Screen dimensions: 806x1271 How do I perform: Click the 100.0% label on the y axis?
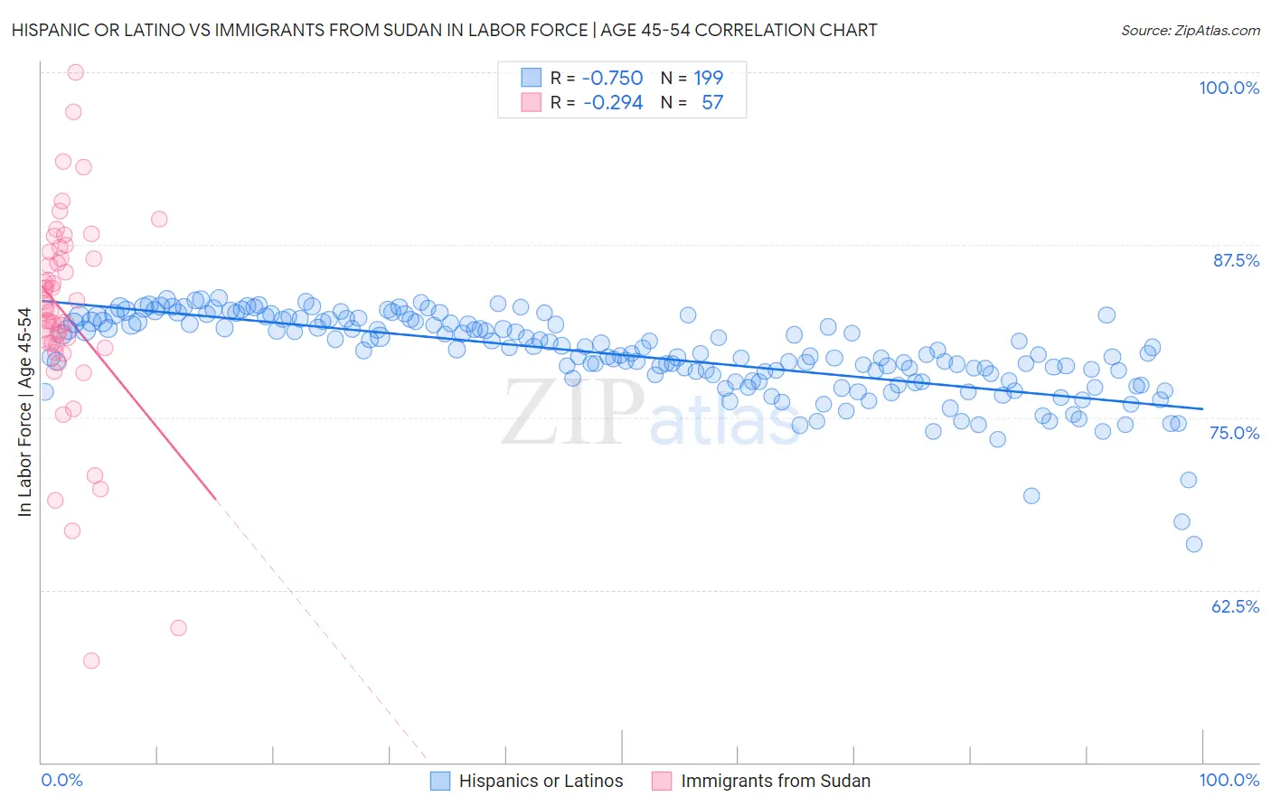tap(1229, 88)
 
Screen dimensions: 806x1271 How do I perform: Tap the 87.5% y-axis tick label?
tap(1236, 260)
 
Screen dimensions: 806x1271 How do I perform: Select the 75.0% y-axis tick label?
tap(1234, 433)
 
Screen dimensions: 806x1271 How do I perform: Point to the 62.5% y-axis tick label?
tap(1235, 606)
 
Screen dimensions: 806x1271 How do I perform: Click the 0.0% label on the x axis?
tap(61, 780)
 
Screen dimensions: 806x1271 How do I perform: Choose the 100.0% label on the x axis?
tap(1229, 780)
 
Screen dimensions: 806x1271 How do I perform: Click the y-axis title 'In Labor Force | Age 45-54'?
tap(24, 412)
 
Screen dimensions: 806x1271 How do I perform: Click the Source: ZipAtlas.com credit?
tap(1190, 30)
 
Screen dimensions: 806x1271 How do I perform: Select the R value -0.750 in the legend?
tap(612, 78)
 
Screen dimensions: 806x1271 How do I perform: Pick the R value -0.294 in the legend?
tap(612, 102)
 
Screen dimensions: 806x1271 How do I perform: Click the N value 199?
tap(708, 78)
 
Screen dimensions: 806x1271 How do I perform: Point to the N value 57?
tap(712, 102)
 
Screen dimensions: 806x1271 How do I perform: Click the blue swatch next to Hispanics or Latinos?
tap(440, 781)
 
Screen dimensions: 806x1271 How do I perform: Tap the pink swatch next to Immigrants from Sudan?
tap(662, 781)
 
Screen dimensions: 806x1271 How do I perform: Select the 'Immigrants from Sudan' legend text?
tap(776, 781)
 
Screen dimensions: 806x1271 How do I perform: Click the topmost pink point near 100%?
tap(76, 72)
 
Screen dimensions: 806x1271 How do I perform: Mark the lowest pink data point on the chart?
tap(91, 661)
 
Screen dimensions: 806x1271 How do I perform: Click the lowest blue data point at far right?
tap(1193, 544)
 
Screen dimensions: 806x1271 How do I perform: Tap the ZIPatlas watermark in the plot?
tap(651, 413)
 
